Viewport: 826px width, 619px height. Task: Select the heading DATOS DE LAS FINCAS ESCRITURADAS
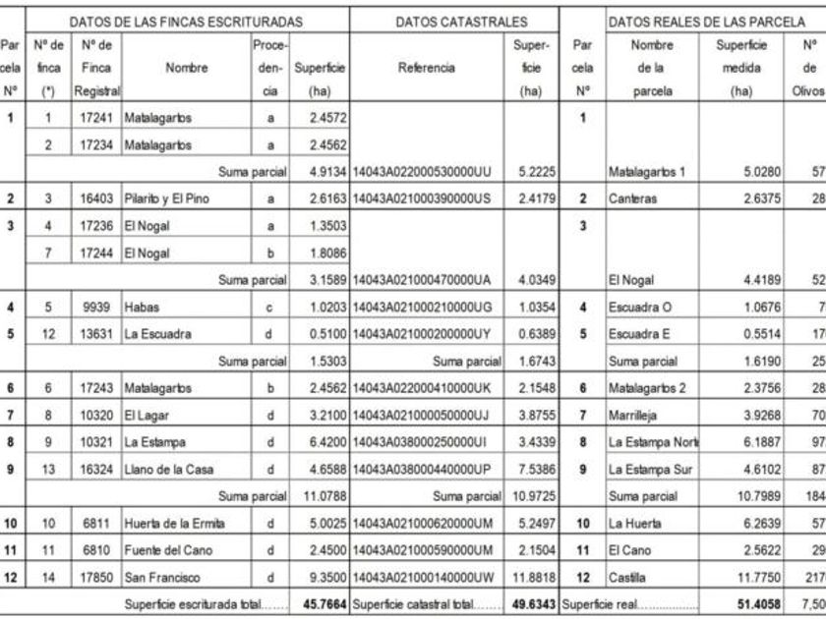click(186, 21)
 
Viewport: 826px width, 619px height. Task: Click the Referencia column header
click(426, 68)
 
